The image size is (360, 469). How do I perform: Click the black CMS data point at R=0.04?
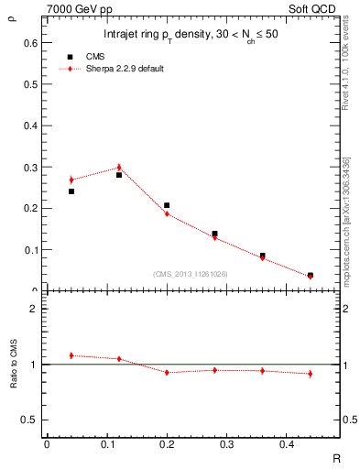click(x=71, y=191)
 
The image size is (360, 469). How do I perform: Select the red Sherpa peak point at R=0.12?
click(x=119, y=168)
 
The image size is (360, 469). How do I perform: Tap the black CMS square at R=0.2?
click(x=167, y=206)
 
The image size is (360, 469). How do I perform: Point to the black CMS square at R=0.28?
click(x=214, y=234)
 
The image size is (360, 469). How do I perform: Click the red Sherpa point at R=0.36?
click(x=262, y=258)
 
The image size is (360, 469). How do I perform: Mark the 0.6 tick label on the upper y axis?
click(x=30, y=43)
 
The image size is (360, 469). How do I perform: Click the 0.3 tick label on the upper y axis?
click(x=30, y=167)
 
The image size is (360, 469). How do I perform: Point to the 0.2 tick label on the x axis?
click(x=167, y=444)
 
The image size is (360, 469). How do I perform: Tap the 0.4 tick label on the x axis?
click(x=286, y=444)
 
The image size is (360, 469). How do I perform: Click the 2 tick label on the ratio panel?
click(x=34, y=310)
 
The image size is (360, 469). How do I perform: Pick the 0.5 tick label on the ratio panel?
click(x=30, y=420)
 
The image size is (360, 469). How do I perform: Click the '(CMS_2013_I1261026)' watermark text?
click(x=191, y=274)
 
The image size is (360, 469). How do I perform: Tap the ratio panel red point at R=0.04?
click(x=71, y=354)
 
